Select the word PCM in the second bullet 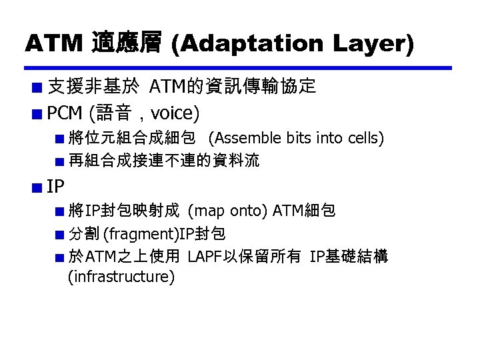[x=64, y=113]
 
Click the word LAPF [x=206, y=256]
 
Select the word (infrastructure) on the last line [x=121, y=276]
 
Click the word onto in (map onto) [x=248, y=211]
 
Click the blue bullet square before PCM [x=39, y=113]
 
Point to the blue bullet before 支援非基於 [x=39, y=87]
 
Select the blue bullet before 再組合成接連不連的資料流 [x=60, y=161]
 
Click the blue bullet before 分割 [x=60, y=234]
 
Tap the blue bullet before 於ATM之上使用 [x=60, y=257]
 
